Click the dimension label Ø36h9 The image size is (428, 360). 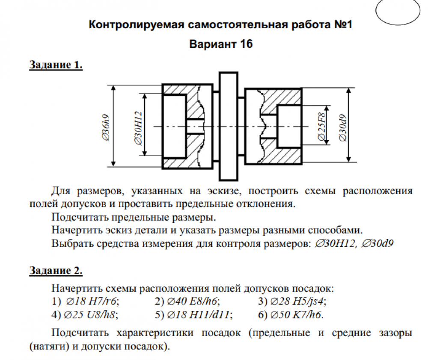tap(106, 128)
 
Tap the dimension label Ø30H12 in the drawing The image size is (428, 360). tap(138, 128)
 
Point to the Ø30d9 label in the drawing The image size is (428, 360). tap(343, 128)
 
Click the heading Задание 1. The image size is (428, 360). tap(56, 65)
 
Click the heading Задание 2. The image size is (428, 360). tap(56, 271)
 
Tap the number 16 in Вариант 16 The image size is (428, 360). tap(246, 44)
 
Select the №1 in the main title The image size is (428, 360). tap(343, 24)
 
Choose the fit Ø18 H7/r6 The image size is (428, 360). tap(92, 301)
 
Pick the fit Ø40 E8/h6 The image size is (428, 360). tap(193, 301)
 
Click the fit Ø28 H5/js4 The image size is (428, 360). tap(298, 301)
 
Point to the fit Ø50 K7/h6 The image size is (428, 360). tap(297, 315)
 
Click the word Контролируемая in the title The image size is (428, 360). tap(137, 25)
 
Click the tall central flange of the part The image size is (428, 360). tap(229, 127)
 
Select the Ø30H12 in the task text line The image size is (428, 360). tap(336, 243)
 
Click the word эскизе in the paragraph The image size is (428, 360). tap(224, 191)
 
